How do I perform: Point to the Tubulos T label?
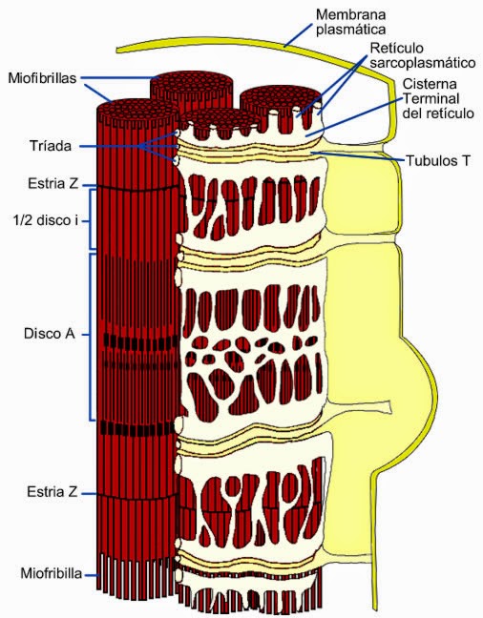438,160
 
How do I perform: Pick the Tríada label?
48,146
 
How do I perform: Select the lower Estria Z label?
51,492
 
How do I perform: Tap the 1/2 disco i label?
45,220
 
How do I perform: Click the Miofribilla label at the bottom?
52,574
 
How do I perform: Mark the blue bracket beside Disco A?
90,336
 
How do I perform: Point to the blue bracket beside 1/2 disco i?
90,220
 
